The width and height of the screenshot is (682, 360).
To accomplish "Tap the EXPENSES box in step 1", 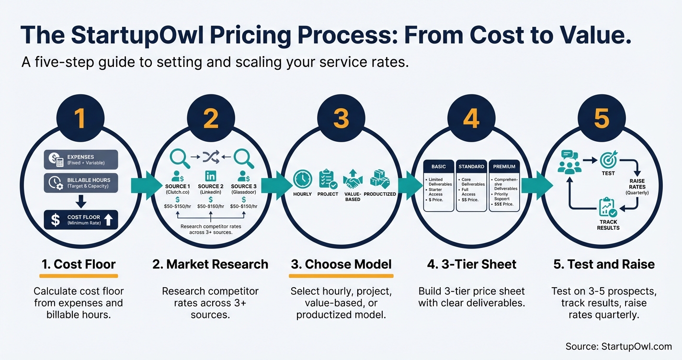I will tap(80, 160).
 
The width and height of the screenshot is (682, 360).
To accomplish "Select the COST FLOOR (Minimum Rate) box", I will tap(80, 220).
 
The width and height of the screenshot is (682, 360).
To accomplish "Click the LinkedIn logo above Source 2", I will tap(211, 175).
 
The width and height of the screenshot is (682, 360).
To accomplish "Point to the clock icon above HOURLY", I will tap(302, 179).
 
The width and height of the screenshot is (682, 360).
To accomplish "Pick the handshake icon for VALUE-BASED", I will tap(353, 180).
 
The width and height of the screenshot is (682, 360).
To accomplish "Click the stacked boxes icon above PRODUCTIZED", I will tap(380, 179).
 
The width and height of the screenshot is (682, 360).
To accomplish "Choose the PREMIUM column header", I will tap(504, 167).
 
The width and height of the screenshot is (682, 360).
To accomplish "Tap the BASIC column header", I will tap(438, 167).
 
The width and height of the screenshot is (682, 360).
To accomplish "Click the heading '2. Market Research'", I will tap(210, 264).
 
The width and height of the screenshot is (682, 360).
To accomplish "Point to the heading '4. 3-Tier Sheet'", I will tap(471, 264).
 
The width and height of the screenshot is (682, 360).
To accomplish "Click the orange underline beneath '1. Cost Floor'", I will tap(78, 276).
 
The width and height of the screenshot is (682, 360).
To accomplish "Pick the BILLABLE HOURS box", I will tap(80, 183).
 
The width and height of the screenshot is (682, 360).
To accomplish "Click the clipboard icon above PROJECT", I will tap(328, 179).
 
